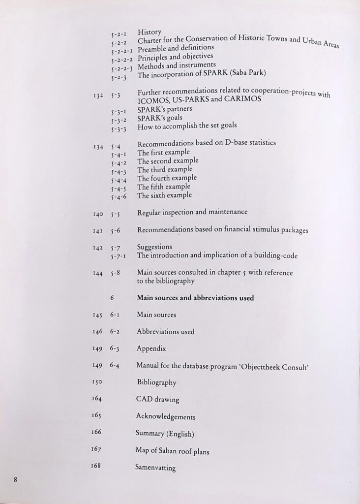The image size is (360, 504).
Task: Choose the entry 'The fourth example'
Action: coord(167,178)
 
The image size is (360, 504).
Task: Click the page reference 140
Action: coord(98,214)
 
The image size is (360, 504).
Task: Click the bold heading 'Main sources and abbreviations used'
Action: coord(195,298)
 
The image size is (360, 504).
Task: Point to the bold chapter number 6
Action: coord(112,298)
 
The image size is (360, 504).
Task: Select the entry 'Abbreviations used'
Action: coord(165,332)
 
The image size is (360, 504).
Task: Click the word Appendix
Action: coord(151,348)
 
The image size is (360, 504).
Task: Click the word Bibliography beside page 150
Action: coord(156,382)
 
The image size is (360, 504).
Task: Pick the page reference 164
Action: coord(96,399)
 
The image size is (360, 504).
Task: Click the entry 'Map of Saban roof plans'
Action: coord(172,450)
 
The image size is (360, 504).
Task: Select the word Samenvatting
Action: coord(155,468)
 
